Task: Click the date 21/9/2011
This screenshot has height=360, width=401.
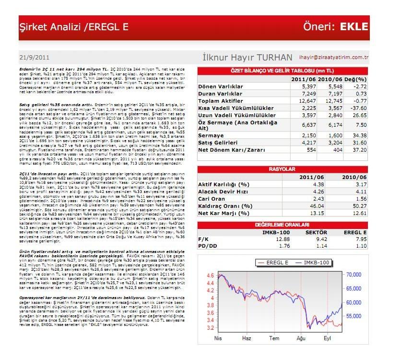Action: (x=32, y=57)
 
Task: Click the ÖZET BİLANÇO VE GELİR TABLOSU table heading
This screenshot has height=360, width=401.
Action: (x=283, y=71)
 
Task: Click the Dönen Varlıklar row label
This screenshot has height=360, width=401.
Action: (x=221, y=86)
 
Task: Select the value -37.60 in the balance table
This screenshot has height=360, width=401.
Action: (x=355, y=108)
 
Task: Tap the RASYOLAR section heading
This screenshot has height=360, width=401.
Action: (x=283, y=169)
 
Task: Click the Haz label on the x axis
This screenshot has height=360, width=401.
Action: (x=247, y=338)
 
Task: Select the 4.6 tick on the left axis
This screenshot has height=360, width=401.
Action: (x=209, y=276)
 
